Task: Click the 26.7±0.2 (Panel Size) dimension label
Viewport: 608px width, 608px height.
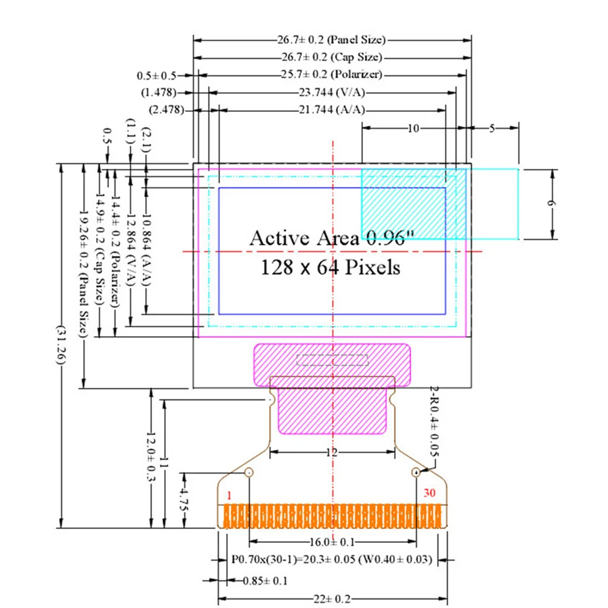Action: pos(331,40)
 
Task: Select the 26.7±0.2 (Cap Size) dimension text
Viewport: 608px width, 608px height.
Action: pos(332,57)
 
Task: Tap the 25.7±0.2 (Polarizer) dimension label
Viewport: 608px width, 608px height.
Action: pos(332,74)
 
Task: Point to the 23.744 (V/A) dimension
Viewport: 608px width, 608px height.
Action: pos(332,92)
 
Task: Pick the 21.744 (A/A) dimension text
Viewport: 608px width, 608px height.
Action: pos(332,109)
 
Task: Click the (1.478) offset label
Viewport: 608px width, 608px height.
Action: pos(159,92)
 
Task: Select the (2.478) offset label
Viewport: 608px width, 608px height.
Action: pos(167,109)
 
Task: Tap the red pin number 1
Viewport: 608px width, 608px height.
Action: pos(229,495)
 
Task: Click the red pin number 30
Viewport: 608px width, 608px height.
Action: pos(429,493)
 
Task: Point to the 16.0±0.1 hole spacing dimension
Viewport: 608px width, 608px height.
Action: pos(332,542)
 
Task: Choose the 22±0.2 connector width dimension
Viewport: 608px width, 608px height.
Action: pos(332,599)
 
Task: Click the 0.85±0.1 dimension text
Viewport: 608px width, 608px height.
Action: pos(265,581)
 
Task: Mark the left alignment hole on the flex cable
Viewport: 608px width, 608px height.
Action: pos(249,472)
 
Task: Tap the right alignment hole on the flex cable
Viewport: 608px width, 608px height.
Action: pos(416,472)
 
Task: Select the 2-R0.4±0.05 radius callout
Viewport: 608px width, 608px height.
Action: pos(434,421)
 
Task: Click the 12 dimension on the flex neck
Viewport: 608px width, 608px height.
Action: pos(332,452)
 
